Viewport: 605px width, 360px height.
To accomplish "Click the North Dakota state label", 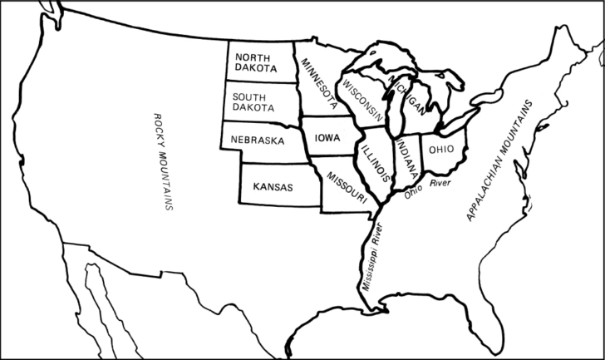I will [255, 60].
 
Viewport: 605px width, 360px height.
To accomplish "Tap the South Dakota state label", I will [254, 102].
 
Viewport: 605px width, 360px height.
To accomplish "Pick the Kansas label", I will [273, 187].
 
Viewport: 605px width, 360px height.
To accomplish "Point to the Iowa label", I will [327, 139].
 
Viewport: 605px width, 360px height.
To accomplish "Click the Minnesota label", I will [320, 84].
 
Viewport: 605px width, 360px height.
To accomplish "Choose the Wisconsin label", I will [362, 99].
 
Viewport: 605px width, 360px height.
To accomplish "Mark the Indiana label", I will [406, 160].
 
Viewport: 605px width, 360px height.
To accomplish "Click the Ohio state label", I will [440, 150].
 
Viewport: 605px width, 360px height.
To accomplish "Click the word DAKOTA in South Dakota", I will [254, 108].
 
